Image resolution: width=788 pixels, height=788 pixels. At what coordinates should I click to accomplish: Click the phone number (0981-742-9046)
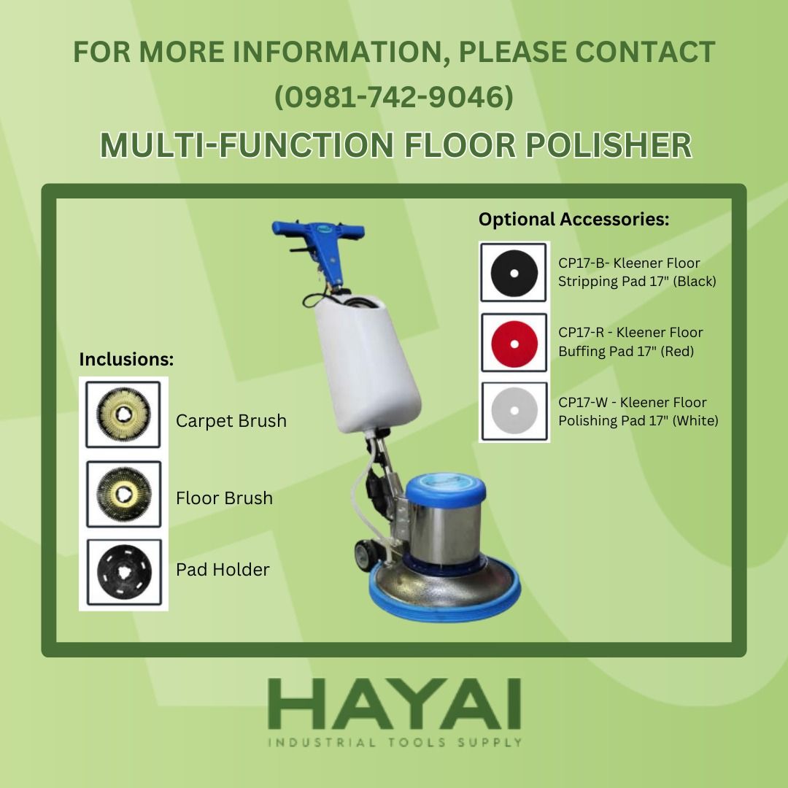[393, 98]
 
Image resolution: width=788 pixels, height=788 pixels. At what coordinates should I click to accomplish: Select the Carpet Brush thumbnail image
[123, 414]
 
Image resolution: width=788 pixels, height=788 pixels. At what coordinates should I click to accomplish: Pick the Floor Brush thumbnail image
[123, 494]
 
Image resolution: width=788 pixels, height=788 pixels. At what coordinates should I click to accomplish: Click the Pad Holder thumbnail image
[123, 572]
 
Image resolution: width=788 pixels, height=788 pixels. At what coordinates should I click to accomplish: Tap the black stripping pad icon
[514, 272]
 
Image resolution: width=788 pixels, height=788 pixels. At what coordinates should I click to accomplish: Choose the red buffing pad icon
[514, 342]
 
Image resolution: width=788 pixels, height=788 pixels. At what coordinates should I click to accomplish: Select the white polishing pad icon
[514, 411]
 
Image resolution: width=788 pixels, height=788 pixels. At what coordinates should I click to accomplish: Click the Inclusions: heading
[126, 360]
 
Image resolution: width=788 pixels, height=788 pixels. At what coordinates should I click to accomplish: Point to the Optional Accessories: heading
[573, 219]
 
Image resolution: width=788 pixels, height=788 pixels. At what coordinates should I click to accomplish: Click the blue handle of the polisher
[318, 233]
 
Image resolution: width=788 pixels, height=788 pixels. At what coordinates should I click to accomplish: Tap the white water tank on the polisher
[368, 358]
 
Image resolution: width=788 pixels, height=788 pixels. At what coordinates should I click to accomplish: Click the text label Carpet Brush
[231, 421]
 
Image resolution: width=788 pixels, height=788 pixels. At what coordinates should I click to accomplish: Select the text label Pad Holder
[223, 570]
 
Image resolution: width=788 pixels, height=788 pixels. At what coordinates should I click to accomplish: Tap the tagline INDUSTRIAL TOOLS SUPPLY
[395, 743]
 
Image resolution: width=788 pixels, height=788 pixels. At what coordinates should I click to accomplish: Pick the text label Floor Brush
[224, 498]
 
